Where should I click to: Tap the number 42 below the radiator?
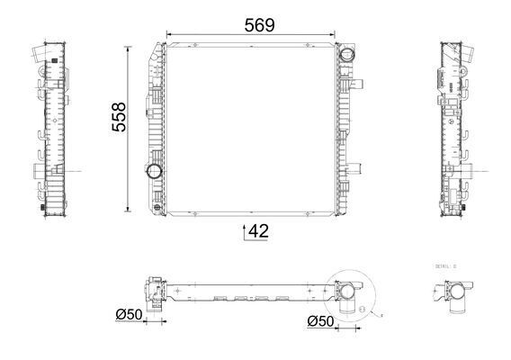(x=258, y=232)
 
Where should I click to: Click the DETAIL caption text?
(x=444, y=267)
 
